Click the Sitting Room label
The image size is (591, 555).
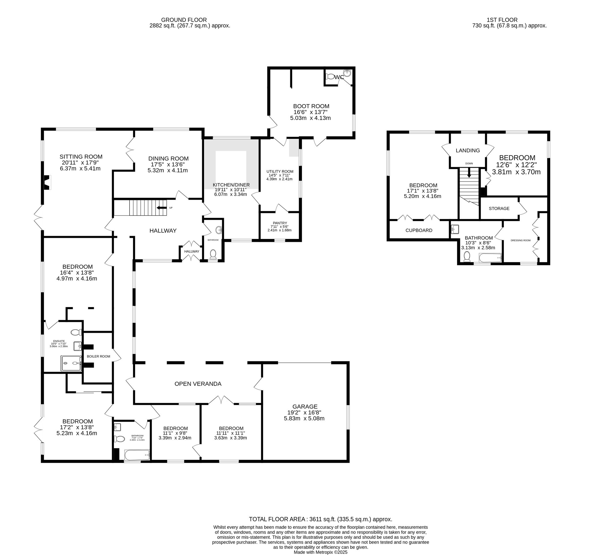tap(81, 157)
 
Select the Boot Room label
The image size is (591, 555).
tap(311, 106)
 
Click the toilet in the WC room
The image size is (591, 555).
tap(330, 77)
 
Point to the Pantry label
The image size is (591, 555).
tap(280, 223)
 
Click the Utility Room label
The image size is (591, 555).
tap(280, 171)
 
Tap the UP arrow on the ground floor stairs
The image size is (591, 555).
tap(161, 208)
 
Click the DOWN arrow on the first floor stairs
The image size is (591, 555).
tap(469, 173)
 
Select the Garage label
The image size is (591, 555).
tap(305, 406)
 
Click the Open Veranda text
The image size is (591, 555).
tap(198, 384)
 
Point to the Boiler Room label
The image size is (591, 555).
tap(98, 356)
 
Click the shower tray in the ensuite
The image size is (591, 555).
tap(71, 363)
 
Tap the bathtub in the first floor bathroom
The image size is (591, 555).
tap(490, 258)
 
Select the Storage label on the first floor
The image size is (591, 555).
tap(499, 208)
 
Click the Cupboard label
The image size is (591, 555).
tap(419, 230)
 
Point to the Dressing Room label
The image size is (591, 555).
tap(521, 240)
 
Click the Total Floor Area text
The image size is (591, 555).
tap(321, 519)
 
